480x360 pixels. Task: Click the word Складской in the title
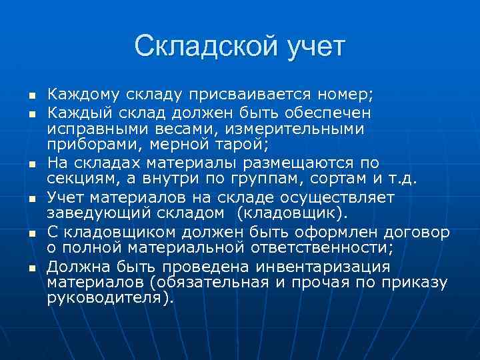[x=193, y=47]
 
